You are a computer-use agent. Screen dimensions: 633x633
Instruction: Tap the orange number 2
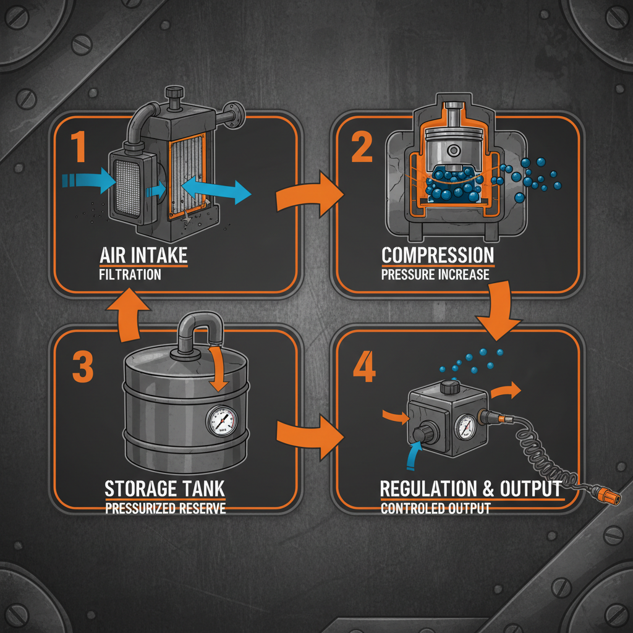click(x=362, y=147)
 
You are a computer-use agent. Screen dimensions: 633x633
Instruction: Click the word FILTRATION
click(x=130, y=274)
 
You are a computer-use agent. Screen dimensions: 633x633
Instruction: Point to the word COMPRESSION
click(x=438, y=255)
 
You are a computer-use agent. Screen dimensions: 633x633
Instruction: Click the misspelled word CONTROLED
click(x=409, y=509)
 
